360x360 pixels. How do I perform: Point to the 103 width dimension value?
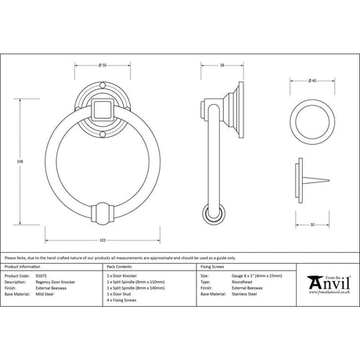(x=103, y=239)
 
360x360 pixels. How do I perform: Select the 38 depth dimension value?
(x=222, y=64)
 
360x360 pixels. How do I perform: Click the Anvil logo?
(x=329, y=281)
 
